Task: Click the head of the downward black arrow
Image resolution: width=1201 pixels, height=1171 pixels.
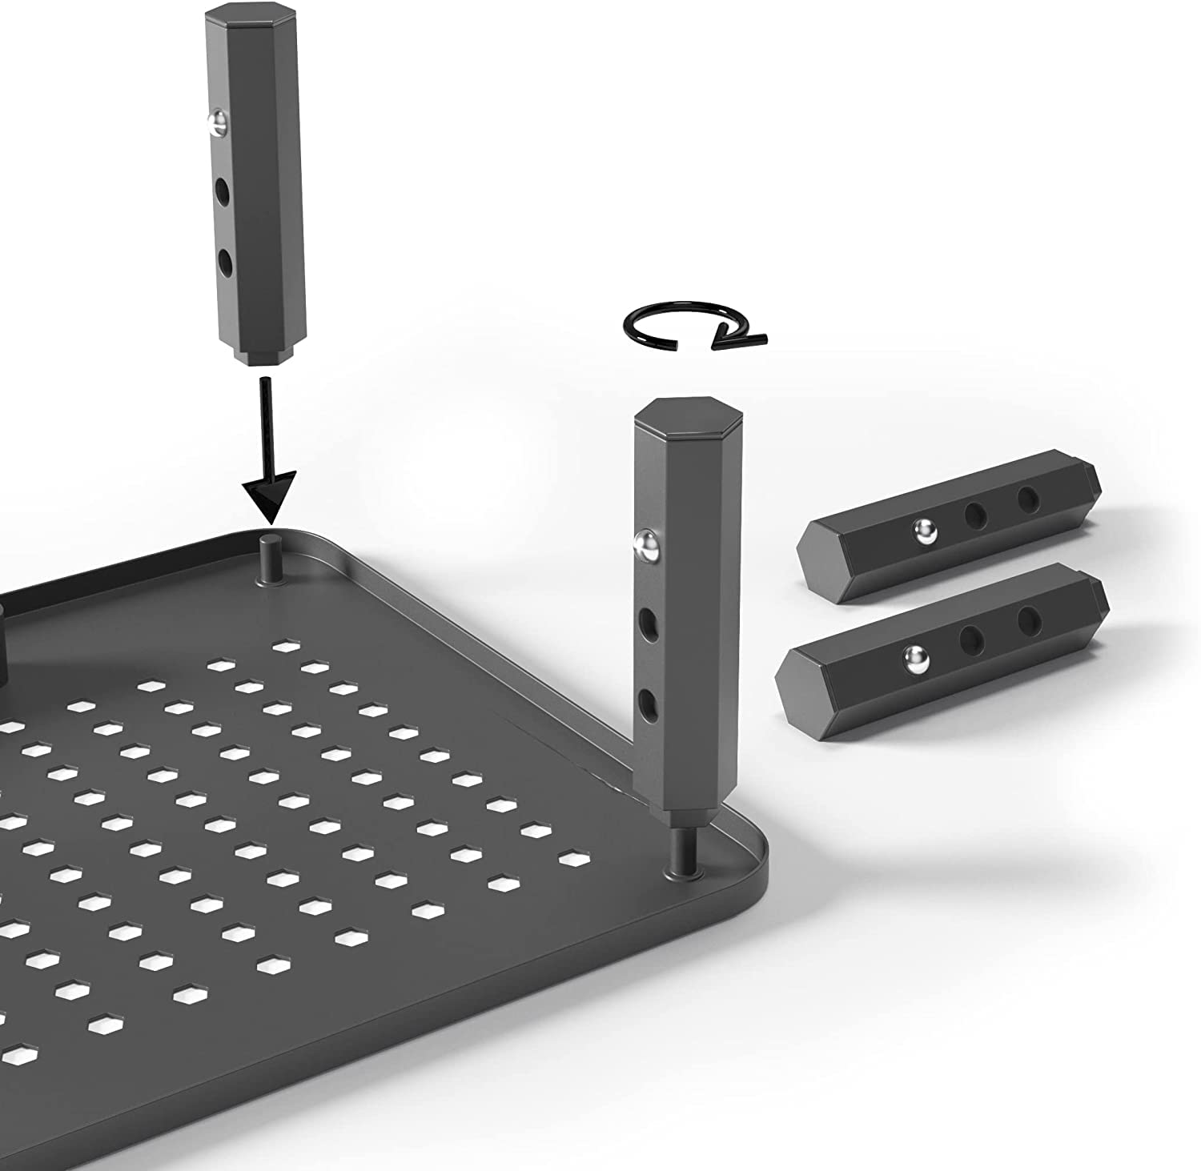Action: pyautogui.click(x=270, y=503)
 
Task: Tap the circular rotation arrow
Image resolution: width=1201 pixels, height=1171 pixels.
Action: pyautogui.click(x=693, y=326)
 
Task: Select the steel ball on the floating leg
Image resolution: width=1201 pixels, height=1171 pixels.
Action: pyautogui.click(x=214, y=122)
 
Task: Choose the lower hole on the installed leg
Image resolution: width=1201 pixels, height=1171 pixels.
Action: pyautogui.click(x=647, y=704)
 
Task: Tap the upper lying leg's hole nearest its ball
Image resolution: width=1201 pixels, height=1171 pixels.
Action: pyautogui.click(x=975, y=515)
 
